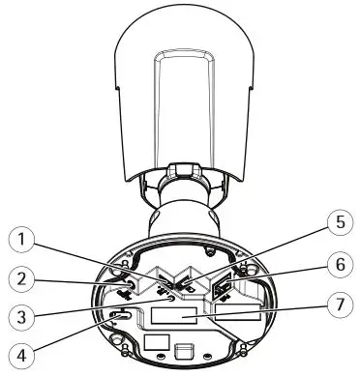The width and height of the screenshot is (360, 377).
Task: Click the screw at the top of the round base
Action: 209,249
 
